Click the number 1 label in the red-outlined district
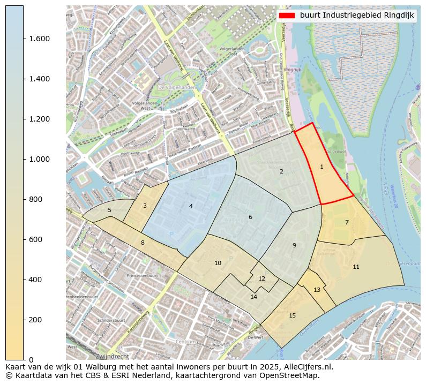(322, 167)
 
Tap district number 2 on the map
(281, 172)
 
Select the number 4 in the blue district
(191, 206)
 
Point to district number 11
(356, 267)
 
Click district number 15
(292, 315)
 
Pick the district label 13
(317, 290)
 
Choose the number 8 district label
(143, 243)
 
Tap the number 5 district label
(109, 210)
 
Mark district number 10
(218, 263)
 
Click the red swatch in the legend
(287, 16)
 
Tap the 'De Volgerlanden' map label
(175, 87)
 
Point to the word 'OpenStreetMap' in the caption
(291, 375)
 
